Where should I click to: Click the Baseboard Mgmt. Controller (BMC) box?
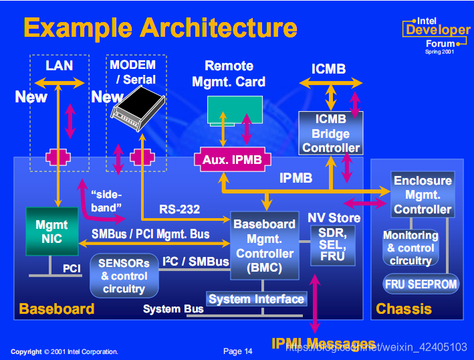coord(264,245)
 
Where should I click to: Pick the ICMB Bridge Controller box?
coord(331,132)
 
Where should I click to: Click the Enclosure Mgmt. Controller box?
coord(422,195)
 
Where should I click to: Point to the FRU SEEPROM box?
coord(421,284)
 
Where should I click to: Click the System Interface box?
coord(257,299)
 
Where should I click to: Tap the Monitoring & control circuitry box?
coord(410,248)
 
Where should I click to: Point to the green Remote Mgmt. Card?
coord(235,110)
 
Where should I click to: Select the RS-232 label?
coord(179,209)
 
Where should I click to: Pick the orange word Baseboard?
coord(57,308)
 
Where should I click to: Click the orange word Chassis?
coord(404,308)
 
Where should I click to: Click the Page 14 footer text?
coord(238,351)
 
